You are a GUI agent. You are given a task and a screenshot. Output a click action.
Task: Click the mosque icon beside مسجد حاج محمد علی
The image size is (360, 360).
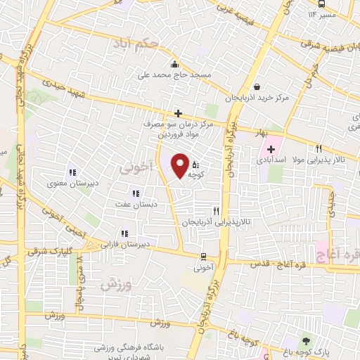pos(184,63)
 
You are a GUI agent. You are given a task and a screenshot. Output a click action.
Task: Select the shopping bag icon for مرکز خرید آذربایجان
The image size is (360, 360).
pos(257,87)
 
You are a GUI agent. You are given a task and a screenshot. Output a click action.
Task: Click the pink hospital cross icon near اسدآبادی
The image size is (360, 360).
pos(271,149)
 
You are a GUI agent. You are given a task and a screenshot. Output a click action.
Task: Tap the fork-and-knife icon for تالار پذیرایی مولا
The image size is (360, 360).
pos(319,149)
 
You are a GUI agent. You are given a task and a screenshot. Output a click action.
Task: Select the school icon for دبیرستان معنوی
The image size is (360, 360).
pos(72,172)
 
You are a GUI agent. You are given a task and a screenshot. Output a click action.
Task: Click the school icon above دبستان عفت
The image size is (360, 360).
pos(136,193)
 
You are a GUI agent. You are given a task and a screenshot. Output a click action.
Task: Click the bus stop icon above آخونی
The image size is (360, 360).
pos(203,257)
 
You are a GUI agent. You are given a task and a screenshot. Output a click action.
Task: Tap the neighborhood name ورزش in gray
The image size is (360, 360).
pos(116,284)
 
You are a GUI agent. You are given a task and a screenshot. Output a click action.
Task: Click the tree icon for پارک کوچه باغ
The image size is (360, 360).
pos(305,340)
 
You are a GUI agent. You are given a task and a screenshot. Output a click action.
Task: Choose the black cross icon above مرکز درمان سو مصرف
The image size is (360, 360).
pos(179,113)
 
